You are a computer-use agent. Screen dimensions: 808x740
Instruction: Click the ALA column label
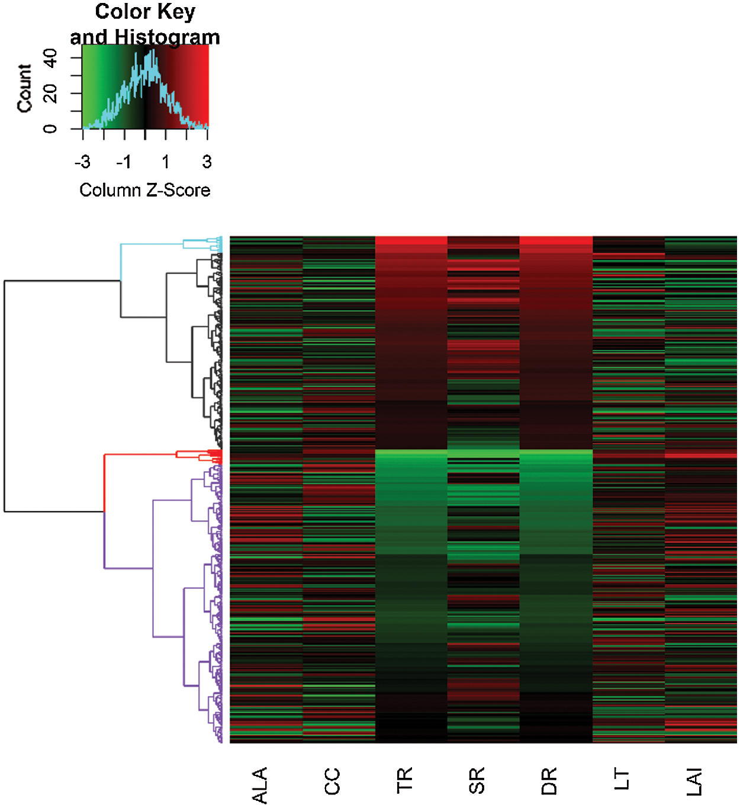(x=260, y=785)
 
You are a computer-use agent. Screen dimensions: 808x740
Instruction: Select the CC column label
(x=332, y=781)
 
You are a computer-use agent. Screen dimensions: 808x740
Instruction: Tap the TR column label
(x=404, y=780)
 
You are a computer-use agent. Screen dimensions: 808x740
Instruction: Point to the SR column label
(x=477, y=780)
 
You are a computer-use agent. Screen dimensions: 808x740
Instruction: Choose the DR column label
(x=549, y=781)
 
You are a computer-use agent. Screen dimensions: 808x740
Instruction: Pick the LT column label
(x=622, y=779)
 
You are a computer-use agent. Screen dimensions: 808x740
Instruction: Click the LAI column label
(x=694, y=782)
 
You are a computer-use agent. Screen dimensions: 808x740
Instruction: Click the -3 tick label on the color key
(x=82, y=162)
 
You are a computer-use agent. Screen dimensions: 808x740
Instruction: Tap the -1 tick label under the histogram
(x=123, y=162)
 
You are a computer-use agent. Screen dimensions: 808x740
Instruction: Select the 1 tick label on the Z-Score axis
(x=166, y=162)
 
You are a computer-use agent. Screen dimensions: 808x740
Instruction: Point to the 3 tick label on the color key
(x=207, y=162)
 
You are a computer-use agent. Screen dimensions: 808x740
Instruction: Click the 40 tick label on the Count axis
(x=50, y=58)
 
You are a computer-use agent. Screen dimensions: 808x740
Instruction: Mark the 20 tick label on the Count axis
(x=50, y=94)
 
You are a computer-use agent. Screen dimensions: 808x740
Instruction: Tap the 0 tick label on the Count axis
(x=50, y=128)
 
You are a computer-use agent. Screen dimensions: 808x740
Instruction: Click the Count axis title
(x=24, y=88)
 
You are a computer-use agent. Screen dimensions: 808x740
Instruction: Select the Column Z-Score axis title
(x=145, y=190)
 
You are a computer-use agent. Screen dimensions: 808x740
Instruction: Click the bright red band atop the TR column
(x=411, y=240)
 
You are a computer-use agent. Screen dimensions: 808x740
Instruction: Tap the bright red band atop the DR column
(x=556, y=240)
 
